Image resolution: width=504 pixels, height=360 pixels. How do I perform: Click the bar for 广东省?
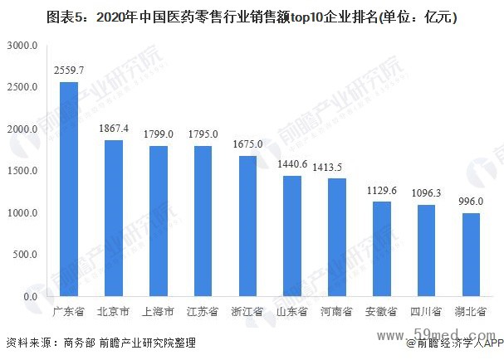pyautogui.click(x=69, y=189)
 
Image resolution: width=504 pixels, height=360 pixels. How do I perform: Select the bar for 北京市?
pyautogui.click(x=113, y=218)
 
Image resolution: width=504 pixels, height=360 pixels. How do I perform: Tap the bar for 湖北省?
pyautogui.click(x=471, y=255)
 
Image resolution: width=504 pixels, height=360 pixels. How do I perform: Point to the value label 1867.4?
pyautogui.click(x=113, y=129)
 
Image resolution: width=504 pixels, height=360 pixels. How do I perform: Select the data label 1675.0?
pyautogui.click(x=247, y=144)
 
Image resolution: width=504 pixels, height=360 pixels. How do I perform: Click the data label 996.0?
pyautogui.click(x=471, y=202)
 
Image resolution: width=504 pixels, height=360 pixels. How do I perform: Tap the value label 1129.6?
pyautogui.click(x=381, y=190)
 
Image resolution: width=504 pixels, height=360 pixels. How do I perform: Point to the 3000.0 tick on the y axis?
pyautogui.click(x=20, y=46)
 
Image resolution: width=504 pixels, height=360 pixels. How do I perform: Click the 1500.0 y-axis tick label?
pyautogui.click(x=20, y=172)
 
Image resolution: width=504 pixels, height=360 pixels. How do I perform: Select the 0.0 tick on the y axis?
pyautogui.click(x=28, y=297)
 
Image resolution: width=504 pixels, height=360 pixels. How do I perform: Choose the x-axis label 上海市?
pyautogui.click(x=157, y=312)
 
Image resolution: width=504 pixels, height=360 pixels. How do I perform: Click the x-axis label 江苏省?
pyautogui.click(x=202, y=312)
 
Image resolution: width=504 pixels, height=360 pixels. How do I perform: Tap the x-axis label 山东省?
pyautogui.click(x=291, y=312)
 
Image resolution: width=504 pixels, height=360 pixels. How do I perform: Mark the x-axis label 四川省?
pyautogui.click(x=426, y=312)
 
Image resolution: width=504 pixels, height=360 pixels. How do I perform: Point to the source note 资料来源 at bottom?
pyautogui.click(x=100, y=343)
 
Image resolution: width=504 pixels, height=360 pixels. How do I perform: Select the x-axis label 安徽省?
pyautogui.click(x=381, y=312)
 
